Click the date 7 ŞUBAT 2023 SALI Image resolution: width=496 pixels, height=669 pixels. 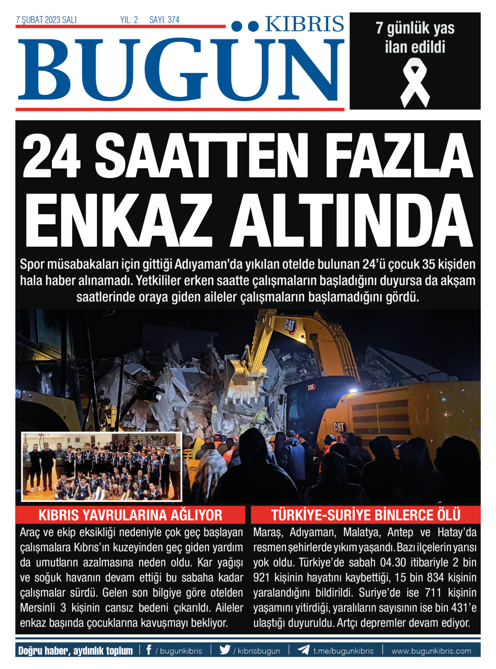(46, 20)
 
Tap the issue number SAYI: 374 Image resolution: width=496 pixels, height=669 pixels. (164, 20)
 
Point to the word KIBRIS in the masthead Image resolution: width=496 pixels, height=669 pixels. (304, 24)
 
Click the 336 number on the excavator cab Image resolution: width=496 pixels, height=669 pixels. (311, 387)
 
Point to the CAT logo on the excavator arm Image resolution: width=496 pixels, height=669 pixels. (290, 325)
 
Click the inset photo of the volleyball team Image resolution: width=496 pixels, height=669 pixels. (101, 466)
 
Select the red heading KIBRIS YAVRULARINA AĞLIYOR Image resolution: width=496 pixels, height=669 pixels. (130, 515)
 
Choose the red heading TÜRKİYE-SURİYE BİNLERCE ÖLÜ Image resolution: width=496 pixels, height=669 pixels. (366, 515)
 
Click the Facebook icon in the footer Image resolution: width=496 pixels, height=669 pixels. (149, 650)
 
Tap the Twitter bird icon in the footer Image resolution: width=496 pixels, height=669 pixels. (225, 650)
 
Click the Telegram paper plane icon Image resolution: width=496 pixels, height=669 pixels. (303, 650)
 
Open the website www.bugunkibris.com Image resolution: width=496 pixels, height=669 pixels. (431, 651)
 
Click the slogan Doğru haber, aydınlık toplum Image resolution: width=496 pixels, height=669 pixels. (76, 650)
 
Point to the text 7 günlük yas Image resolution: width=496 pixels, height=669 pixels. (415, 28)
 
